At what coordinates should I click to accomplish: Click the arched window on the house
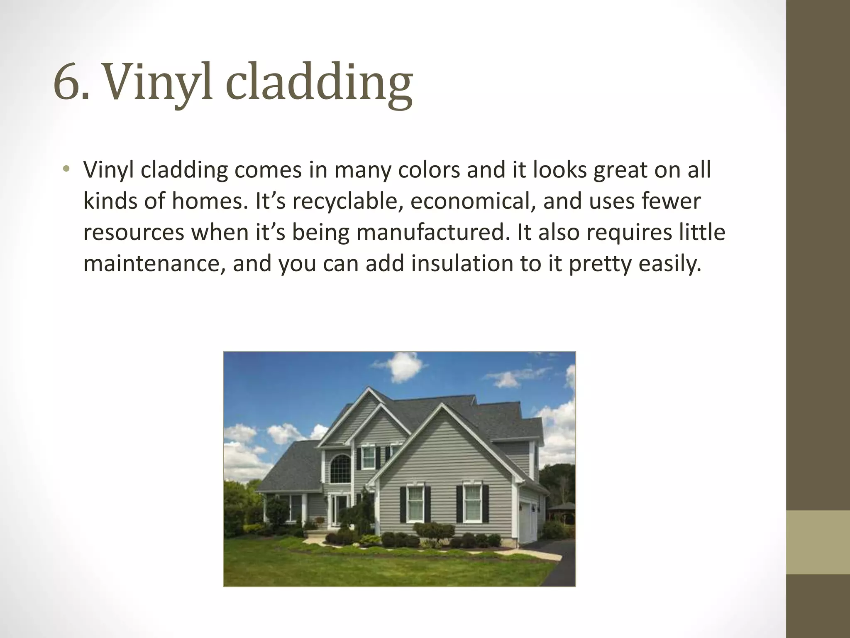click(340, 468)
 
